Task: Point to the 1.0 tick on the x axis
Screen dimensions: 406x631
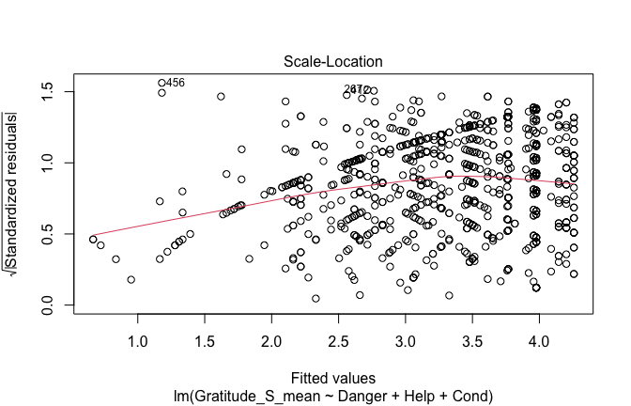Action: [138, 335]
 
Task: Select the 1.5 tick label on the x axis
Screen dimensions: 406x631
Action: [205, 335]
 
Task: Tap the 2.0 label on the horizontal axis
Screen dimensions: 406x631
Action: [272, 335]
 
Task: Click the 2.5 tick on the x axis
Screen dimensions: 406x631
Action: [339, 335]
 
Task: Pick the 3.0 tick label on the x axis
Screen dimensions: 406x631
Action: [406, 335]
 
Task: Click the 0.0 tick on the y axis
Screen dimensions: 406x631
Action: [52, 305]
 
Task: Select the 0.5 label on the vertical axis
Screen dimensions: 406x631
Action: [52, 234]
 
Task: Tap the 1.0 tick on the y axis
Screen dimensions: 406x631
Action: [52, 163]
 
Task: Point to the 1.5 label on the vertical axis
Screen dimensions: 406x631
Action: [52, 91]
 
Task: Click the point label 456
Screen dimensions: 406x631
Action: [176, 83]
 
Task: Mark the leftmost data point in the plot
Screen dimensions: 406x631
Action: [93, 240]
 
